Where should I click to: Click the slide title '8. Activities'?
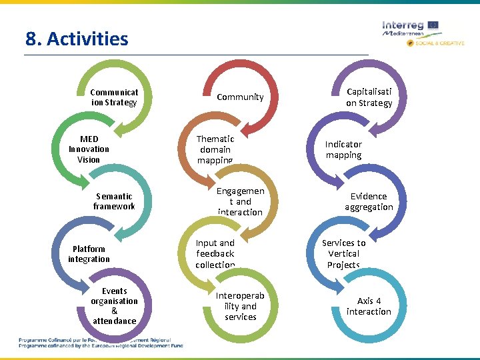click(77, 39)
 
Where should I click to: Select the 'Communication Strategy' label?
click(114, 97)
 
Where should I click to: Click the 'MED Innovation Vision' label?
click(89, 149)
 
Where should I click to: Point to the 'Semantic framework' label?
click(114, 201)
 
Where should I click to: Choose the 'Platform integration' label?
click(89, 254)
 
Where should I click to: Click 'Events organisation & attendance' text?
click(114, 306)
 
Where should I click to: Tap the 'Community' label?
click(240, 97)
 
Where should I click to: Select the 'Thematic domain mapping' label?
click(215, 149)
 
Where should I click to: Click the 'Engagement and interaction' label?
click(240, 201)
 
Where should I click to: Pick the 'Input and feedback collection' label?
click(215, 253)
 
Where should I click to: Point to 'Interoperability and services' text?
click(240, 306)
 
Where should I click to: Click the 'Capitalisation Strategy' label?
click(369, 97)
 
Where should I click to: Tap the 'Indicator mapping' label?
click(343, 149)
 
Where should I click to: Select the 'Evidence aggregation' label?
click(369, 201)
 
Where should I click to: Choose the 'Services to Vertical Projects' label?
click(343, 253)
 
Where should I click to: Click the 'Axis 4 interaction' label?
click(369, 306)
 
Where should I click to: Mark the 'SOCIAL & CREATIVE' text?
click(441, 43)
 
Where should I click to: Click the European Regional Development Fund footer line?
click(100, 345)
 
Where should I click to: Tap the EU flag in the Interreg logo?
click(433, 25)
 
